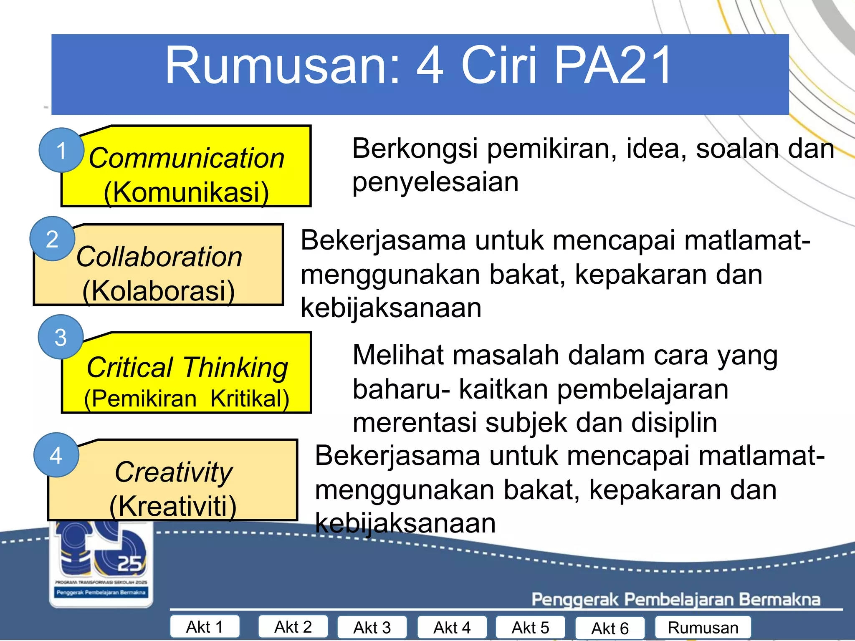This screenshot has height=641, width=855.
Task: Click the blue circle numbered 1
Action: click(61, 150)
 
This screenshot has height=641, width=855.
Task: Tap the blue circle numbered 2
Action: click(52, 239)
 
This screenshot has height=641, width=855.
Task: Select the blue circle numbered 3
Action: click(61, 337)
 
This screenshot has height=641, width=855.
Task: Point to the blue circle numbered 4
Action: click(56, 455)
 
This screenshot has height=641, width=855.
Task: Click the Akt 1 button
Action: click(205, 627)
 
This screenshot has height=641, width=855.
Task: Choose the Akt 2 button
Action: click(293, 627)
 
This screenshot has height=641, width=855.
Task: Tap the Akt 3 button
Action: click(372, 627)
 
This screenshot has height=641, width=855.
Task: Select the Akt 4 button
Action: click(452, 627)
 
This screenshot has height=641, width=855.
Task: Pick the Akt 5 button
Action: click(530, 627)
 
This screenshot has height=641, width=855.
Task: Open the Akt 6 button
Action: click(610, 628)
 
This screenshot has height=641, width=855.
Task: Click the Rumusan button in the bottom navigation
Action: click(703, 627)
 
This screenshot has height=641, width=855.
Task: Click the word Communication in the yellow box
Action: click(186, 158)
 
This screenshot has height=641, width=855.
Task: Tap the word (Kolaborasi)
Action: click(159, 290)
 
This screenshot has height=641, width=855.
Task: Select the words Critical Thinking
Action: click(187, 368)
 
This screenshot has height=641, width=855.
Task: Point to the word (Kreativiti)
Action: click(173, 506)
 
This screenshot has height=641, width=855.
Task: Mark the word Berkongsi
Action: click(415, 149)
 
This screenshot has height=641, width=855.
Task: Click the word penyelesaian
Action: click(435, 182)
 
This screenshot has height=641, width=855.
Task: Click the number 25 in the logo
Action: click(129, 563)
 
